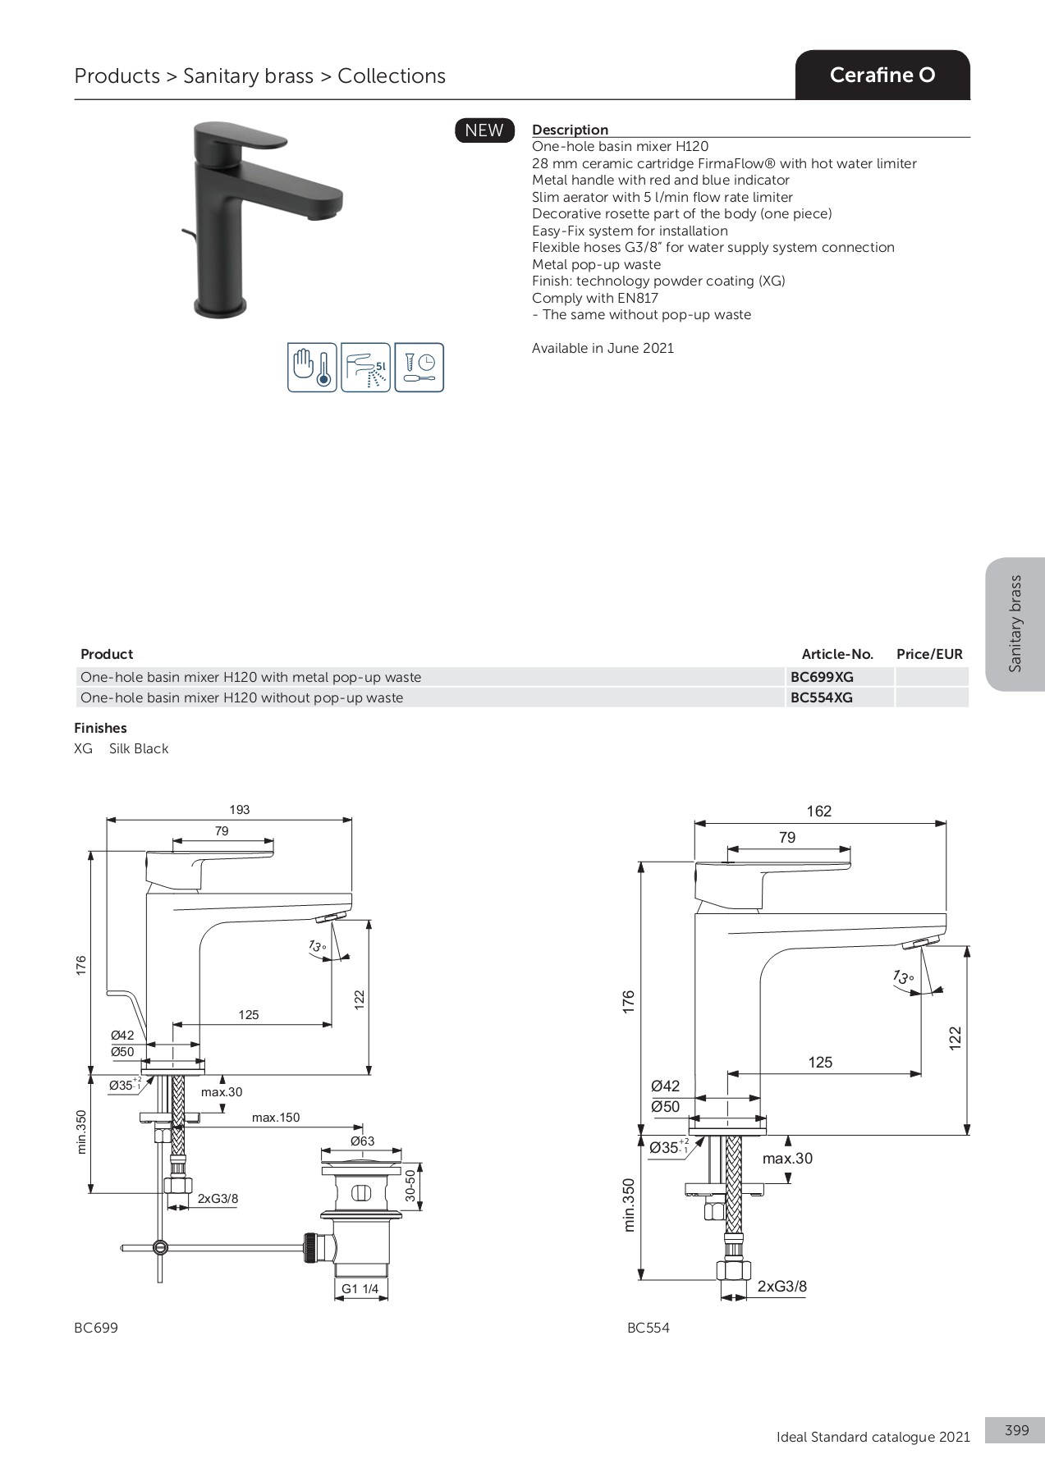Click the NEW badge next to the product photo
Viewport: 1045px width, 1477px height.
pyautogui.click(x=484, y=130)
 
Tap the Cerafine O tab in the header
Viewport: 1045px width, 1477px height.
pyautogui.click(x=882, y=75)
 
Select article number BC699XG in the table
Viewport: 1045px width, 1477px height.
pyautogui.click(x=822, y=677)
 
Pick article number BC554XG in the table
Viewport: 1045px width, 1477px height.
pyautogui.click(x=822, y=697)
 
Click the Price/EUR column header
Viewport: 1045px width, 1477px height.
pyautogui.click(x=929, y=654)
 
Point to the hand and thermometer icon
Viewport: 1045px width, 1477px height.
pyautogui.click(x=312, y=368)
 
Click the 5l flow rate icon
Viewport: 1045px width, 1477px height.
pyautogui.click(x=365, y=368)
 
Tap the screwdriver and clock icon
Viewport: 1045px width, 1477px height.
pyautogui.click(x=419, y=368)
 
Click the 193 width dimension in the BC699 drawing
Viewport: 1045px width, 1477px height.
pyautogui.click(x=239, y=810)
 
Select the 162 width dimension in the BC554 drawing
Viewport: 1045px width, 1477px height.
pyautogui.click(x=818, y=812)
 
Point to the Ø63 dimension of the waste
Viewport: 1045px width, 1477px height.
pyautogui.click(x=362, y=1141)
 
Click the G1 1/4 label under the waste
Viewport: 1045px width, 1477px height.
pyautogui.click(x=360, y=1289)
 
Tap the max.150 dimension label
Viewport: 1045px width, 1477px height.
pyautogui.click(x=276, y=1118)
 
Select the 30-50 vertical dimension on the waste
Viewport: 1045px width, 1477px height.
pyautogui.click(x=410, y=1187)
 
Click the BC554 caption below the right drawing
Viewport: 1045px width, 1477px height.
pyautogui.click(x=648, y=1328)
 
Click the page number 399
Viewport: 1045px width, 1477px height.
pyautogui.click(x=1016, y=1407)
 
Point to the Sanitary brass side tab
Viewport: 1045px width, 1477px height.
pyautogui.click(x=1015, y=624)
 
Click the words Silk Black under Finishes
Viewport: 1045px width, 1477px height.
pyautogui.click(x=139, y=748)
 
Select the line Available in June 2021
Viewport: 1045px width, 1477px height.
pyautogui.click(x=603, y=348)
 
